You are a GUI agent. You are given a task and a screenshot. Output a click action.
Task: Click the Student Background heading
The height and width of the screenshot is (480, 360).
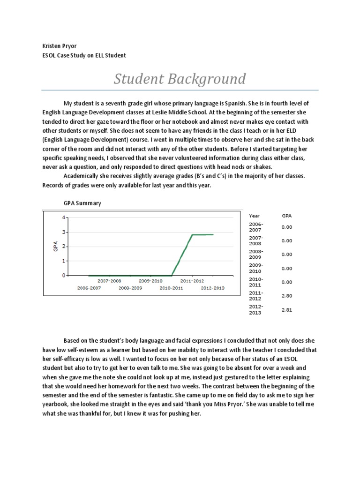click(179, 79)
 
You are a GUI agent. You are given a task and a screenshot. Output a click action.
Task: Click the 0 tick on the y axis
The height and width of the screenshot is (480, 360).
click(63, 276)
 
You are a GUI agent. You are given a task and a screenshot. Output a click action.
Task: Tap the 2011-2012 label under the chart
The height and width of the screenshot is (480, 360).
click(192, 281)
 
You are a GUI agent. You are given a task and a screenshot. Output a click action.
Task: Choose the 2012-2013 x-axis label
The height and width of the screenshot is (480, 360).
click(213, 288)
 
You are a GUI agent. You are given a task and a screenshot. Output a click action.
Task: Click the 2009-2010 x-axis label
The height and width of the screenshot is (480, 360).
click(150, 281)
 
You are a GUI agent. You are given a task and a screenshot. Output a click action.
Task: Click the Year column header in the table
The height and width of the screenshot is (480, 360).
click(254, 216)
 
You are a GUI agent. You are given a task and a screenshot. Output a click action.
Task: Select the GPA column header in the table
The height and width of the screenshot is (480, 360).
click(286, 216)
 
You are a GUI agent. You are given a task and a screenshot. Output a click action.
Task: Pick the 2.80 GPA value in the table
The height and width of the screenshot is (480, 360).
click(286, 296)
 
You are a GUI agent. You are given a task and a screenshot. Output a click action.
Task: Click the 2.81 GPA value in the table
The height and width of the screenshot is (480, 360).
click(286, 310)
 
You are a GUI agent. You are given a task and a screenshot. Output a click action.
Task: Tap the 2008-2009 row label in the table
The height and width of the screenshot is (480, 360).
click(256, 254)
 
